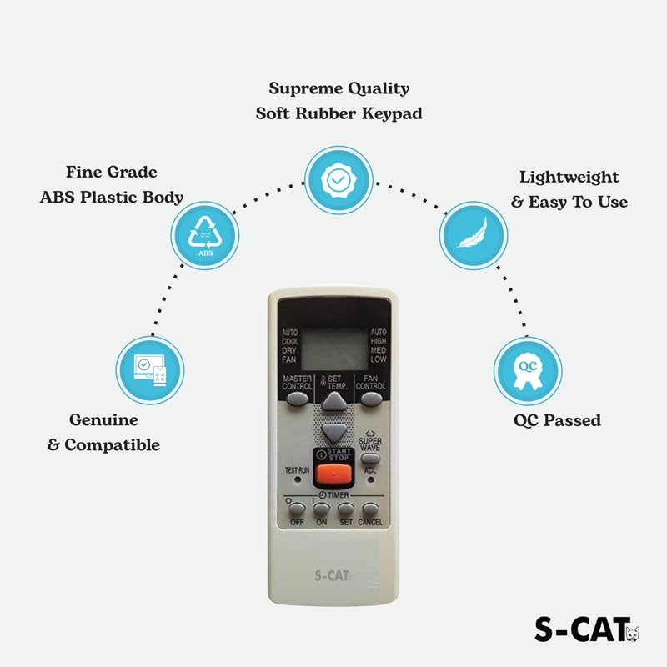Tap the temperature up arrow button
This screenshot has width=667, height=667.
333,402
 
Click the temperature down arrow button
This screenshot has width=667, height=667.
333,431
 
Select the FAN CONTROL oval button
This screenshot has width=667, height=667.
370,399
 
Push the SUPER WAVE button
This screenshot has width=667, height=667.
370,457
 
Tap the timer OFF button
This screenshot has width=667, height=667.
297,508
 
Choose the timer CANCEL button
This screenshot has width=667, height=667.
370,508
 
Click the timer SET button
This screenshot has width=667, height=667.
346,508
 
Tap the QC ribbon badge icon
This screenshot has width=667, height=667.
526,369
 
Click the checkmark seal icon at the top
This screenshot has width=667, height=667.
337,179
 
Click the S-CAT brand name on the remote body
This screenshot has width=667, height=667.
333,575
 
